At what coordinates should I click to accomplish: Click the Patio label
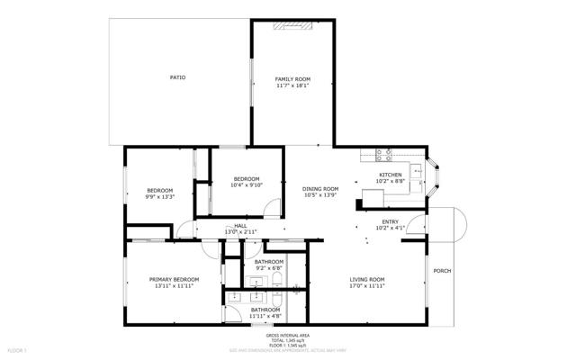pos(178,78)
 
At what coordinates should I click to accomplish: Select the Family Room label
pos(292,80)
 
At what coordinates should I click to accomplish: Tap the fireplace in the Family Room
pos(295,26)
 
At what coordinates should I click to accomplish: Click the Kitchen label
pos(390,175)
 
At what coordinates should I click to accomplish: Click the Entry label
pos(390,221)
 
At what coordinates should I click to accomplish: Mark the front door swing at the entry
pos(416,223)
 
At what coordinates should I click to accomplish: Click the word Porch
pos(442,271)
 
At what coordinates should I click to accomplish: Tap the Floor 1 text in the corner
pos(18,348)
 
